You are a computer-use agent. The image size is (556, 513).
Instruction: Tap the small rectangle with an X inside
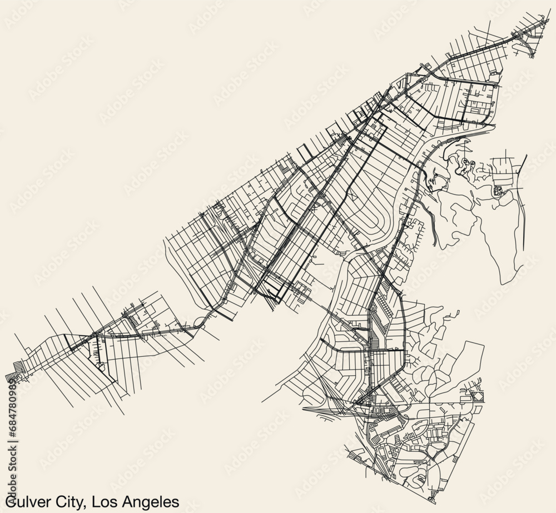coord(478,396)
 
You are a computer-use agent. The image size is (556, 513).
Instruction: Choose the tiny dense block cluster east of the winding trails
coord(498,191)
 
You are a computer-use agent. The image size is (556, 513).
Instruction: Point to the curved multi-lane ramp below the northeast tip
coord(525,44)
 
